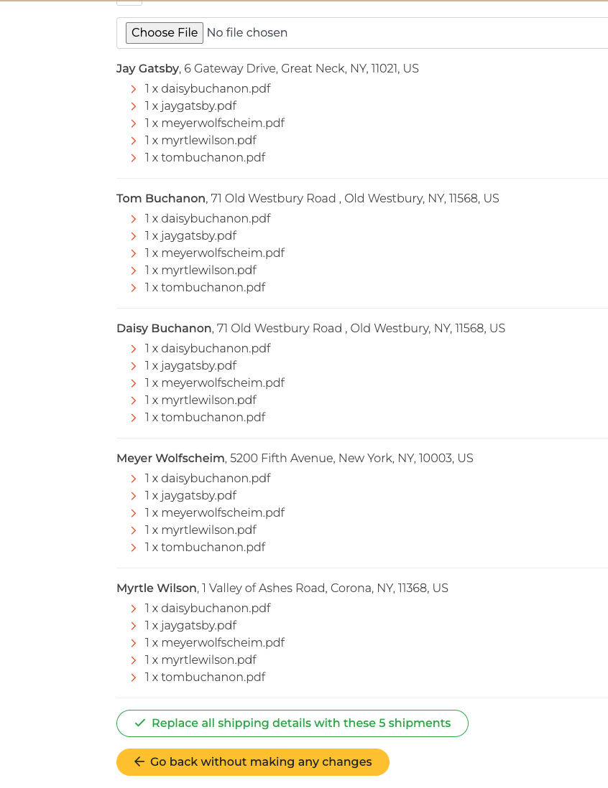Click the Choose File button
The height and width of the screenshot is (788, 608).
click(x=165, y=33)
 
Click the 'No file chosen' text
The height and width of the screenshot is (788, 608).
click(x=247, y=33)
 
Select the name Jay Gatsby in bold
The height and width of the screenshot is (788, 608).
click(x=147, y=69)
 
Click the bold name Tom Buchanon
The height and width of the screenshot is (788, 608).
click(x=161, y=199)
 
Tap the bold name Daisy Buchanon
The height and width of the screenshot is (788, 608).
click(x=164, y=329)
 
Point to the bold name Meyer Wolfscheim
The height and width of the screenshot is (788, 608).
click(x=170, y=459)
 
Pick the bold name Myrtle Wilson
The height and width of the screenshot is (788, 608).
click(x=157, y=588)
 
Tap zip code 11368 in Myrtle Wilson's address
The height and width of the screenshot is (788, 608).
click(x=413, y=588)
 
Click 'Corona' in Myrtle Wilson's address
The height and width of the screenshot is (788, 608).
click(x=350, y=588)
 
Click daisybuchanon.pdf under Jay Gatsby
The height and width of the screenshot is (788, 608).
click(x=216, y=89)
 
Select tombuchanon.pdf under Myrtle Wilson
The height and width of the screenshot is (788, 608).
click(x=213, y=677)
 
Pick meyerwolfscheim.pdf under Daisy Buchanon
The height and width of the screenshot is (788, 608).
click(x=223, y=383)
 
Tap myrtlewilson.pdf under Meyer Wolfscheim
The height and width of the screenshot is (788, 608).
click(x=208, y=530)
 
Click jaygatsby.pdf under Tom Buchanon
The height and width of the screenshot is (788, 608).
click(x=198, y=236)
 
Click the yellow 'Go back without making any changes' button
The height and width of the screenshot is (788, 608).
click(x=253, y=762)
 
